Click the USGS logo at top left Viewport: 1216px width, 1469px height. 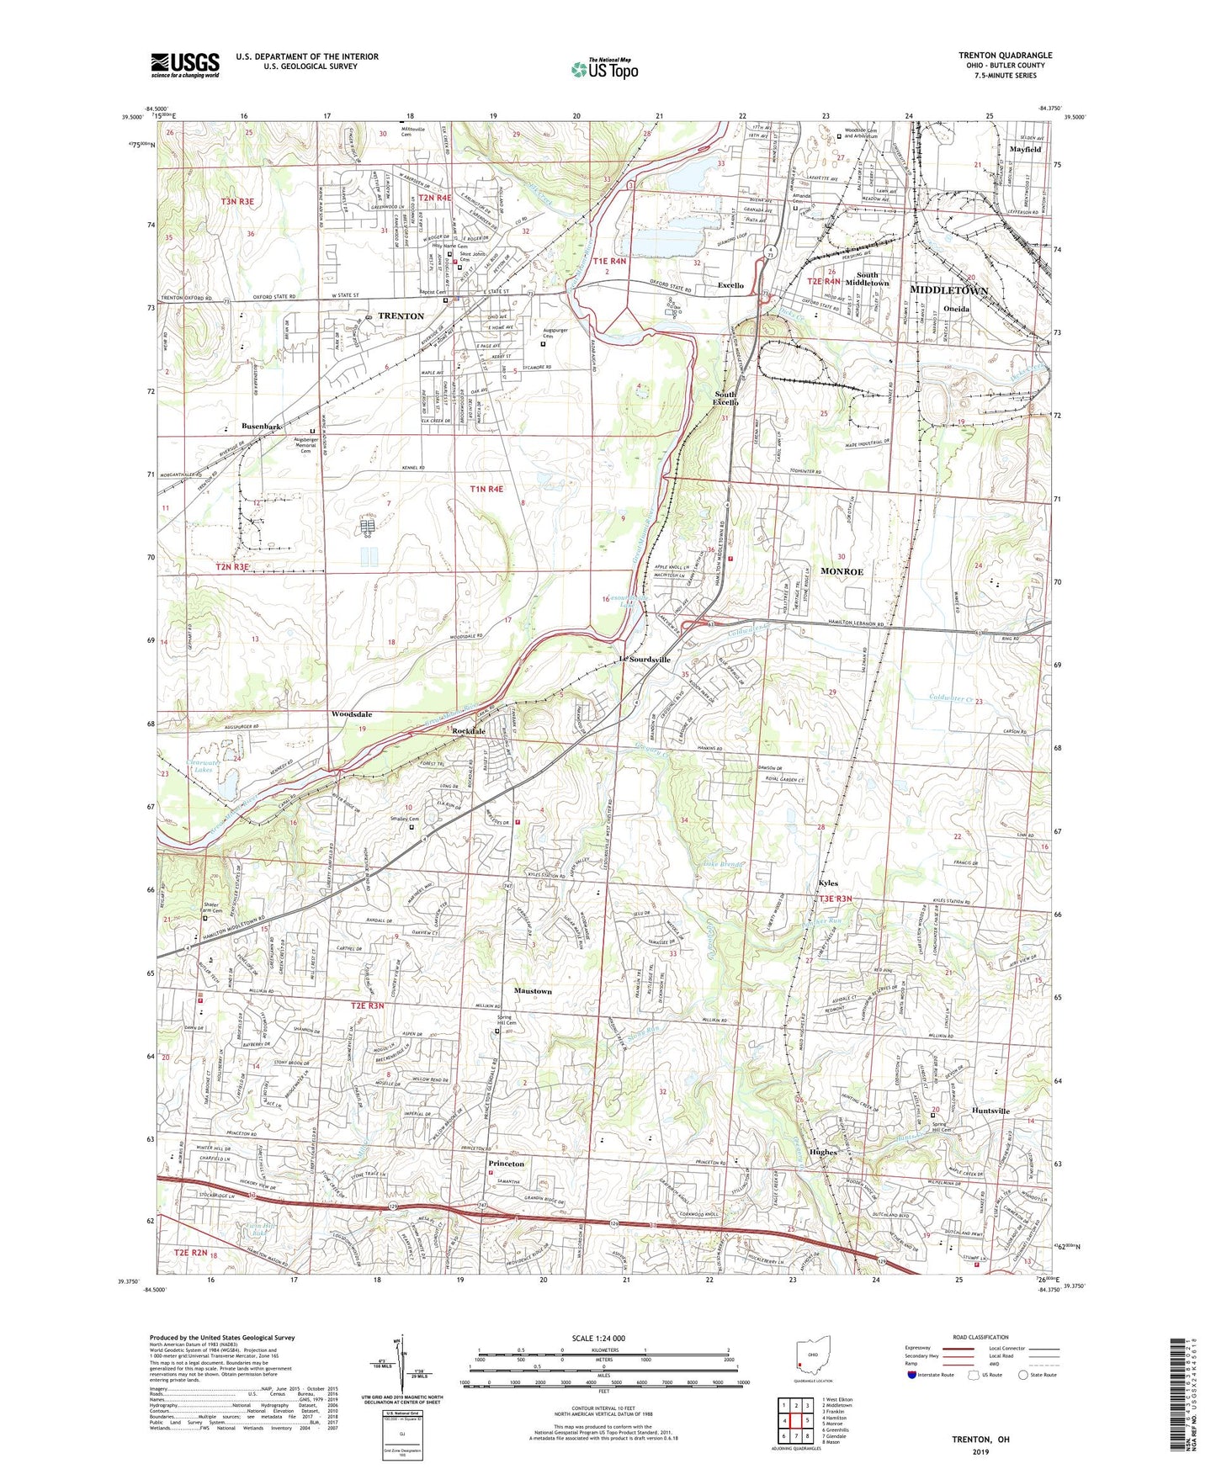click(x=185, y=64)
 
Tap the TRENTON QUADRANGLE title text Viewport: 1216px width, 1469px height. click(x=1005, y=56)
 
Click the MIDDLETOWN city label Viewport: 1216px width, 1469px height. click(x=948, y=289)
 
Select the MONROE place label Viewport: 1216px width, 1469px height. click(x=842, y=571)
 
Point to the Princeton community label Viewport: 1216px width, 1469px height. click(x=506, y=1164)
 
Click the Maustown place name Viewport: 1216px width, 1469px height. click(x=533, y=991)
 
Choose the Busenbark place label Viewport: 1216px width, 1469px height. click(x=261, y=427)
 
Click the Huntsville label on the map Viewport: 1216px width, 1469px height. click(x=990, y=1111)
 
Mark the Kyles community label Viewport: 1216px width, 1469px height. click(x=828, y=884)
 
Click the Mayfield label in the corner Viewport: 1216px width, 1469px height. click(x=1024, y=149)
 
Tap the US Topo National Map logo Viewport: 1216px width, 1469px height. click(x=604, y=69)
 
